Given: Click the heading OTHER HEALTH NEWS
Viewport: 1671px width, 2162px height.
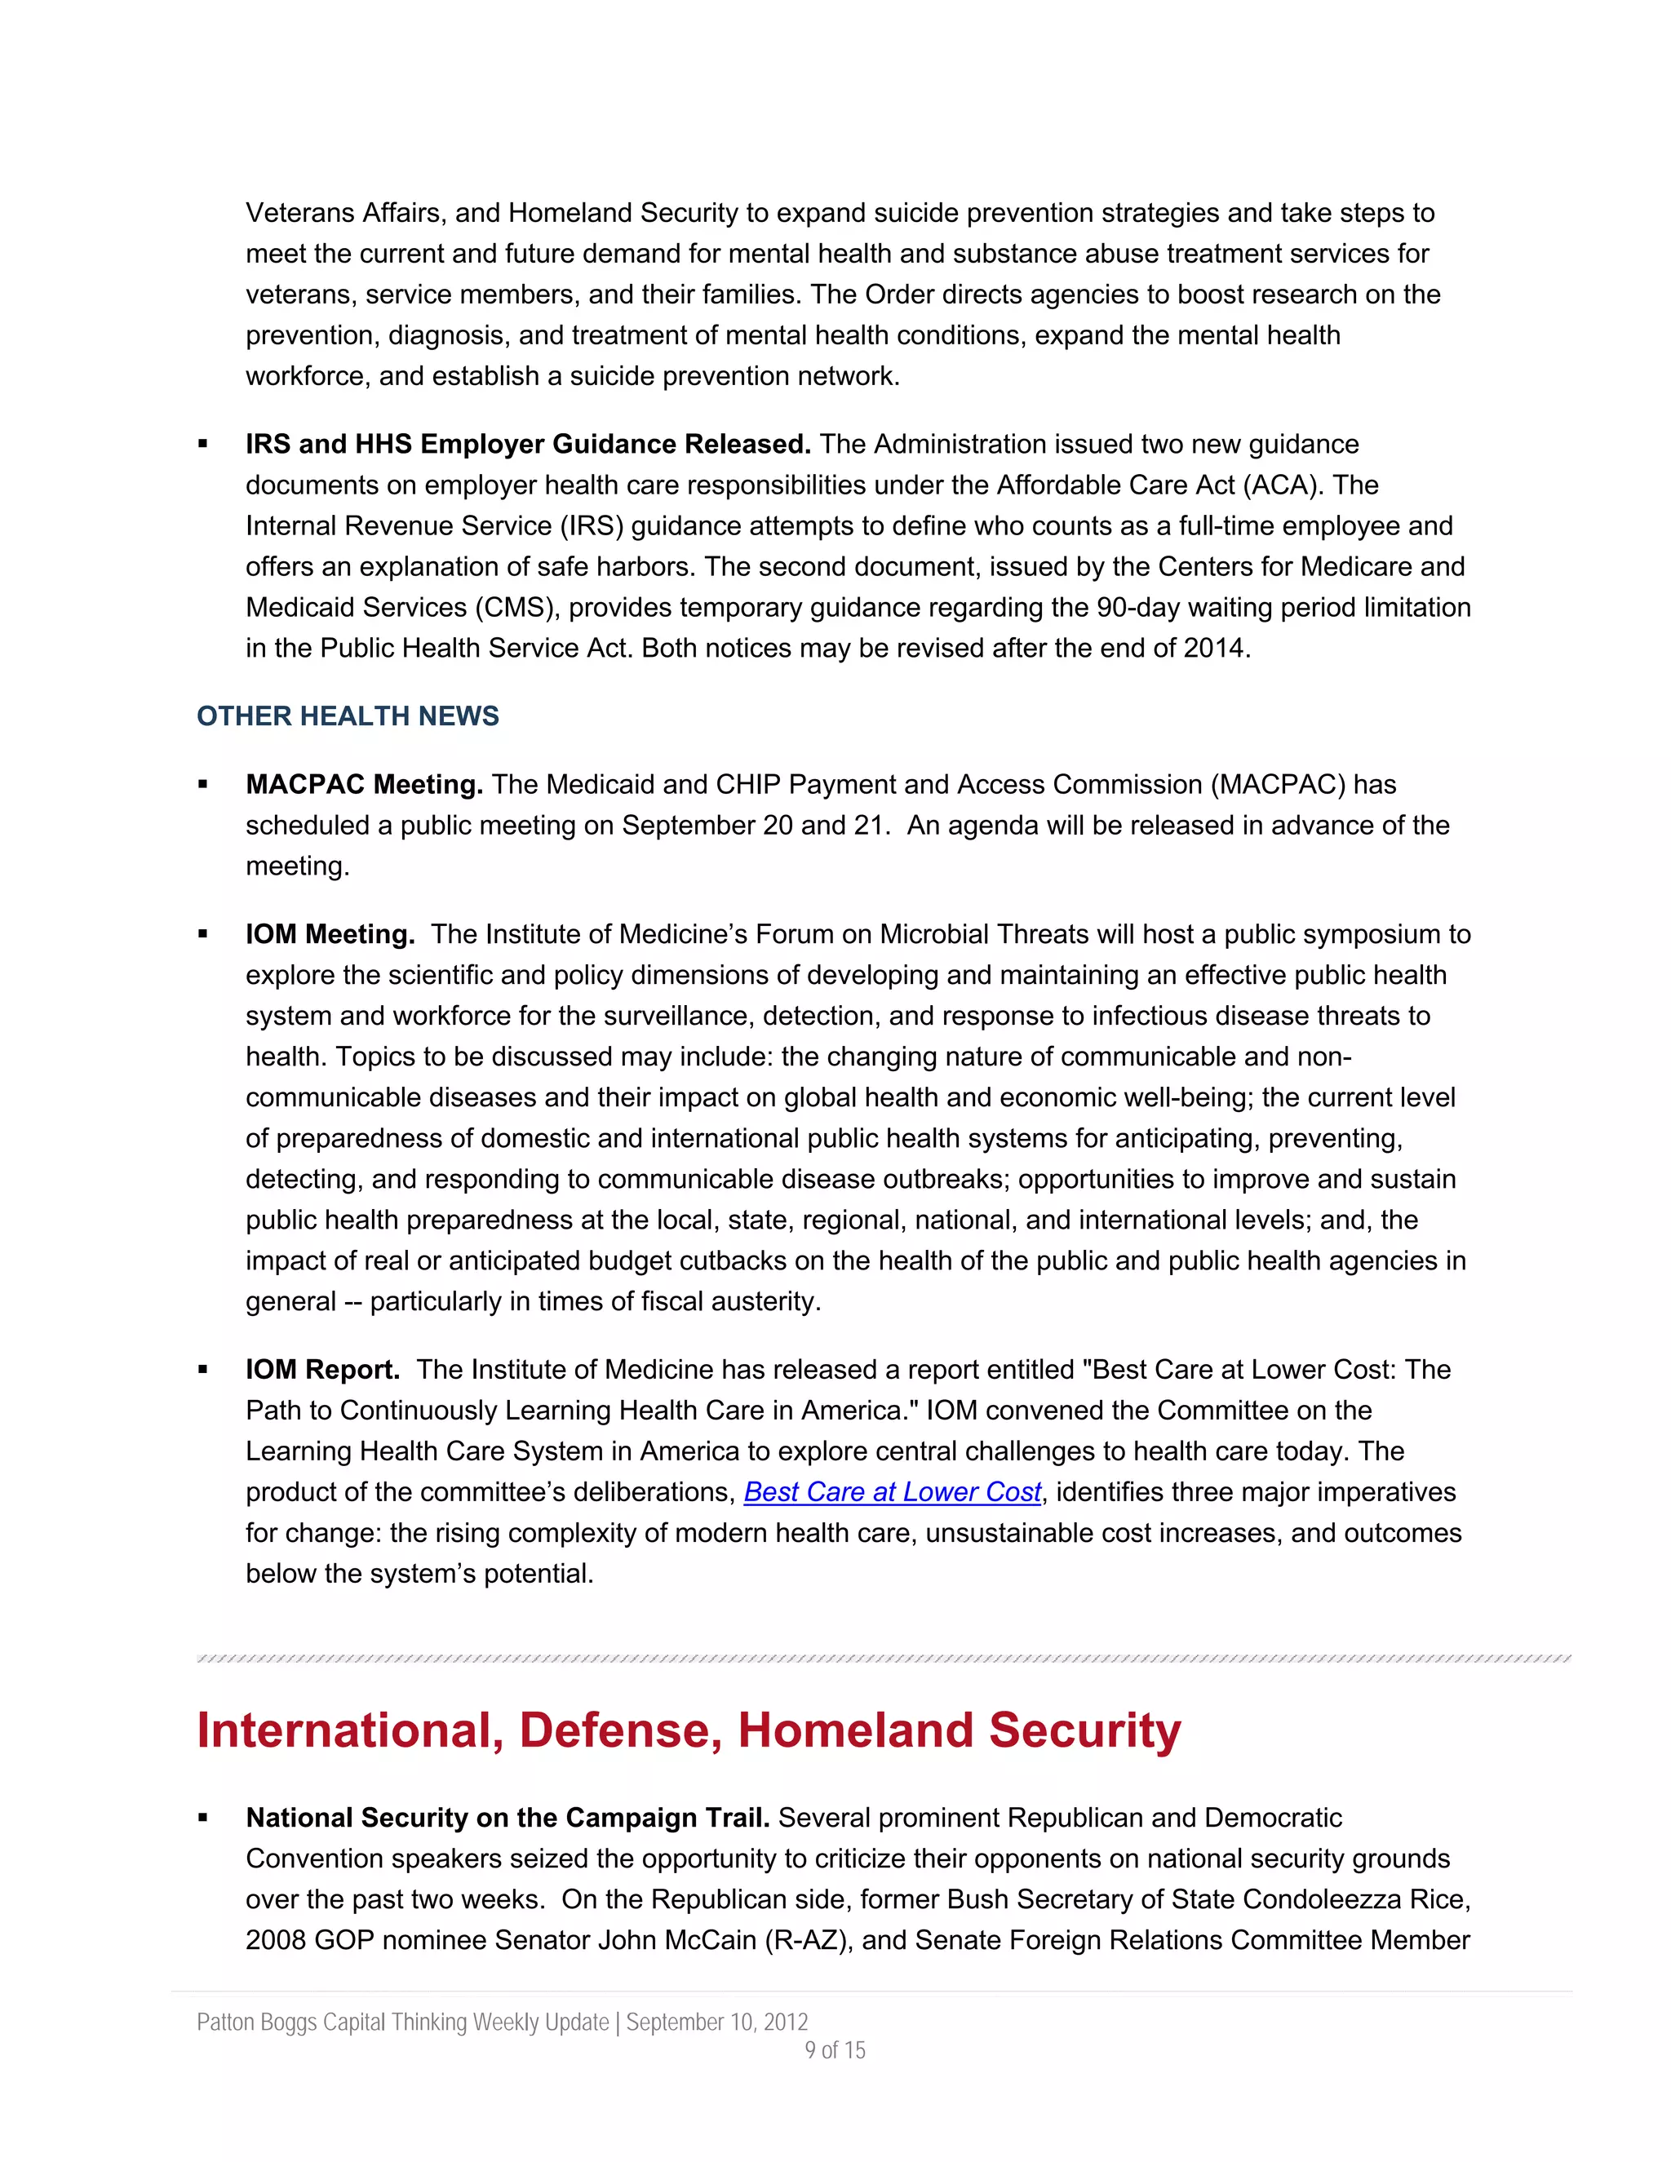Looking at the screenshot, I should coord(348,715).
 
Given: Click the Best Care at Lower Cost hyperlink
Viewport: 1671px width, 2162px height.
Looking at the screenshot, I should coord(892,1492).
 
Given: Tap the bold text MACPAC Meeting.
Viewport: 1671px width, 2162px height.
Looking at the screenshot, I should coord(364,784).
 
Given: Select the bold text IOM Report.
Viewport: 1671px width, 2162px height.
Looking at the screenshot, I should coord(323,1369).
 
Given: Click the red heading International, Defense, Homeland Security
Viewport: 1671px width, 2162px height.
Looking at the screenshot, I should coord(688,1730).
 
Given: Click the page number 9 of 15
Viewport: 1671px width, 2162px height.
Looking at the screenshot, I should coord(835,2050).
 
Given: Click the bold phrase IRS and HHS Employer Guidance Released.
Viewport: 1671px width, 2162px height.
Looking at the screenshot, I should coord(528,444).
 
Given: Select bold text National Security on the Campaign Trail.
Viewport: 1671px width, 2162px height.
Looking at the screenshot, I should coord(508,1818).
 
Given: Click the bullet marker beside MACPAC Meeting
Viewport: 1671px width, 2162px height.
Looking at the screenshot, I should coord(203,784).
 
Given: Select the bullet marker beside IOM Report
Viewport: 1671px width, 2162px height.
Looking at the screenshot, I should coord(203,1369).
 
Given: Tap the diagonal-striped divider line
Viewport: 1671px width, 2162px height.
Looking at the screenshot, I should coord(884,1658).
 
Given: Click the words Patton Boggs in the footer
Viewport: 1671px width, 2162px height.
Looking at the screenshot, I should coord(256,2022).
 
